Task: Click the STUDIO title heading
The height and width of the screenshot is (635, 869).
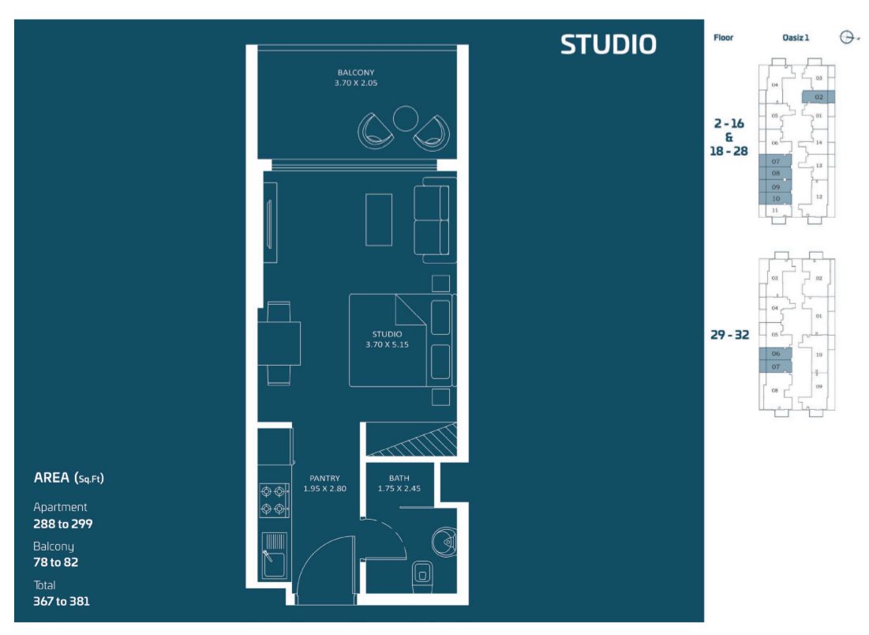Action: point(608,44)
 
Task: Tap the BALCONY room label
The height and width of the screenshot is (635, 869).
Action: point(356,73)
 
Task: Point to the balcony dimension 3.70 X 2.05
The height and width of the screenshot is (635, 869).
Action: point(356,83)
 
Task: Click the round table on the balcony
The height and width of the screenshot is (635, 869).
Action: point(405,118)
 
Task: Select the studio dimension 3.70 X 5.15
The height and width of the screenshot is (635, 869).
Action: point(387,344)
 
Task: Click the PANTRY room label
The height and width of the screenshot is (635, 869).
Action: point(324,478)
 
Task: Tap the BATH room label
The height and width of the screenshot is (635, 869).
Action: point(399,478)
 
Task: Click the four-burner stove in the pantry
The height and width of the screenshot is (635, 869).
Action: point(274,500)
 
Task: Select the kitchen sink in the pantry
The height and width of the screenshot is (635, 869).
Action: point(274,556)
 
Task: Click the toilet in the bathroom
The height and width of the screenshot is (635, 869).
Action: point(422,576)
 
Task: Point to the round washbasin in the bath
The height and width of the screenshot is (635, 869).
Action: point(444,541)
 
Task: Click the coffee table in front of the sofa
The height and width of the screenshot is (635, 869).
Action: point(379,220)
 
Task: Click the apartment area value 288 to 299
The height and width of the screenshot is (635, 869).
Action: point(62,524)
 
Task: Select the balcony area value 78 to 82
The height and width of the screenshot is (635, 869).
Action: point(55,562)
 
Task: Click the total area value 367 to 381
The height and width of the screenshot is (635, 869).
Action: point(61,601)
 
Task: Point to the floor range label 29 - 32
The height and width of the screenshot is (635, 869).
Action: point(729,335)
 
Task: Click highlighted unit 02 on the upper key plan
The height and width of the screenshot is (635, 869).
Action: point(818,97)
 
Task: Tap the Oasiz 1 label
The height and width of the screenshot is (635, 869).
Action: point(796,38)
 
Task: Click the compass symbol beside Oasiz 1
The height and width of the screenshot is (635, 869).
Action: point(847,37)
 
